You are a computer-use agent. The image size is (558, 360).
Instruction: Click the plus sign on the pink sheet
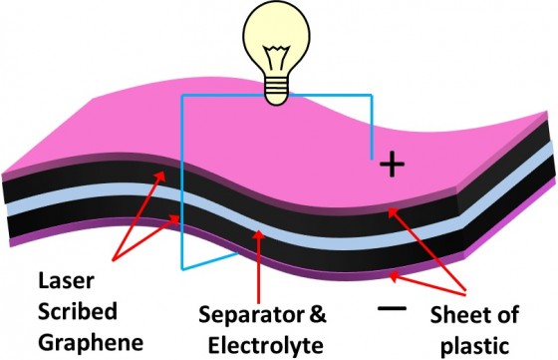coord(394,166)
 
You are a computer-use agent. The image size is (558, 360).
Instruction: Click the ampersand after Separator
coord(316,317)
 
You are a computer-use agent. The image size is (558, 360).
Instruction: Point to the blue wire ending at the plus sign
coord(371,120)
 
